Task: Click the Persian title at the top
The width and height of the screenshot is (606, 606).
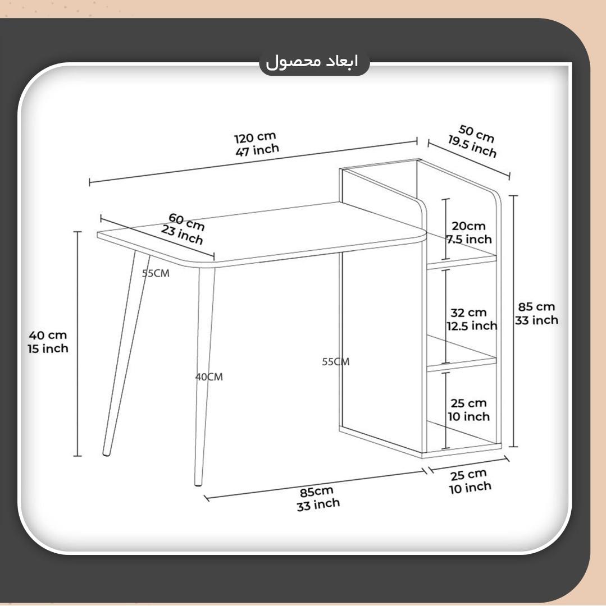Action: (312, 62)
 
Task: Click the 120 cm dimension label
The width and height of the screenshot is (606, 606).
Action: (255, 137)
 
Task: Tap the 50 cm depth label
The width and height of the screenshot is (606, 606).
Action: (476, 134)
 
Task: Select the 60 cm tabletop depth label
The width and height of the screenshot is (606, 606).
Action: (186, 222)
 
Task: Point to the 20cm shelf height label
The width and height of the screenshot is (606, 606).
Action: (468, 226)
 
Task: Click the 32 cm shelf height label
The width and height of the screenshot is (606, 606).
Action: (468, 313)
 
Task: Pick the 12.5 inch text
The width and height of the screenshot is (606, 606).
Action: (472, 326)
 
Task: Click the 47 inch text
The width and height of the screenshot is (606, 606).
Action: (257, 150)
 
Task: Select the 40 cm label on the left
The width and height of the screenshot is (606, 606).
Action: (48, 335)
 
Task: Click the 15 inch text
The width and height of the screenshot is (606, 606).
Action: (48, 348)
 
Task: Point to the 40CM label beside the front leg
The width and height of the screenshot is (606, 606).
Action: (209, 377)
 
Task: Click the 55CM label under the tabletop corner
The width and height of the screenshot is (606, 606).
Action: (156, 273)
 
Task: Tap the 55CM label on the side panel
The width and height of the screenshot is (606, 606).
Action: (336, 362)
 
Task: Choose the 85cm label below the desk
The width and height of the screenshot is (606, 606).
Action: (316, 492)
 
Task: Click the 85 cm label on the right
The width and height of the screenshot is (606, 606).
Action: (536, 306)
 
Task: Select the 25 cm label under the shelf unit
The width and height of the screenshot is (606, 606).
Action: (468, 475)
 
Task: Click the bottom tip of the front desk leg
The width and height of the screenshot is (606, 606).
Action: (198, 484)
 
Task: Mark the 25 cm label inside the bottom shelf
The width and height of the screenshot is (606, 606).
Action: (468, 403)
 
